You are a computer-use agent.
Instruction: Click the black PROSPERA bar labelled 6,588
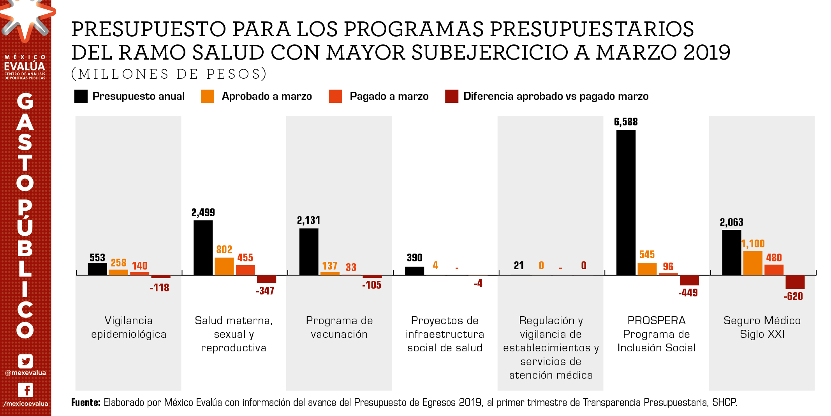626,203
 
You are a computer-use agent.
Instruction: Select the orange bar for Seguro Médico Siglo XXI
753,263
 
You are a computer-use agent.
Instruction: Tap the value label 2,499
203,213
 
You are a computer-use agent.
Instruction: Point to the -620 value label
793,296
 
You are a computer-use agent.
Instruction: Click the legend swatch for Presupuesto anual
81,96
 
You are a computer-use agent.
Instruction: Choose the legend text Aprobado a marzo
267,96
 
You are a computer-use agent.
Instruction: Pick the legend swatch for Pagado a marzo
335,96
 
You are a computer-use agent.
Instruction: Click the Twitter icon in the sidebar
26,361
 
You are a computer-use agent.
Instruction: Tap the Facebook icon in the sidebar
26,390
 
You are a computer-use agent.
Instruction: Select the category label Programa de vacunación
339,327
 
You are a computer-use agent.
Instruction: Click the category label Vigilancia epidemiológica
129,327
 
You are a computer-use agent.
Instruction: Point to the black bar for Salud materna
203,248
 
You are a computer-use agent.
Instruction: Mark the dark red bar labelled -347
266,279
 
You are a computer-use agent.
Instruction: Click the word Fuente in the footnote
86,402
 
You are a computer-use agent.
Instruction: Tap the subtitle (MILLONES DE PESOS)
169,74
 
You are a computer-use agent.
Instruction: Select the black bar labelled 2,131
309,252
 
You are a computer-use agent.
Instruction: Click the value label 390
414,258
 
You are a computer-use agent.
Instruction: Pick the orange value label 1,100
753,244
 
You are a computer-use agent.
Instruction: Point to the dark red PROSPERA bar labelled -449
689,280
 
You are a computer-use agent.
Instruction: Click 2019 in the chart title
706,52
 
